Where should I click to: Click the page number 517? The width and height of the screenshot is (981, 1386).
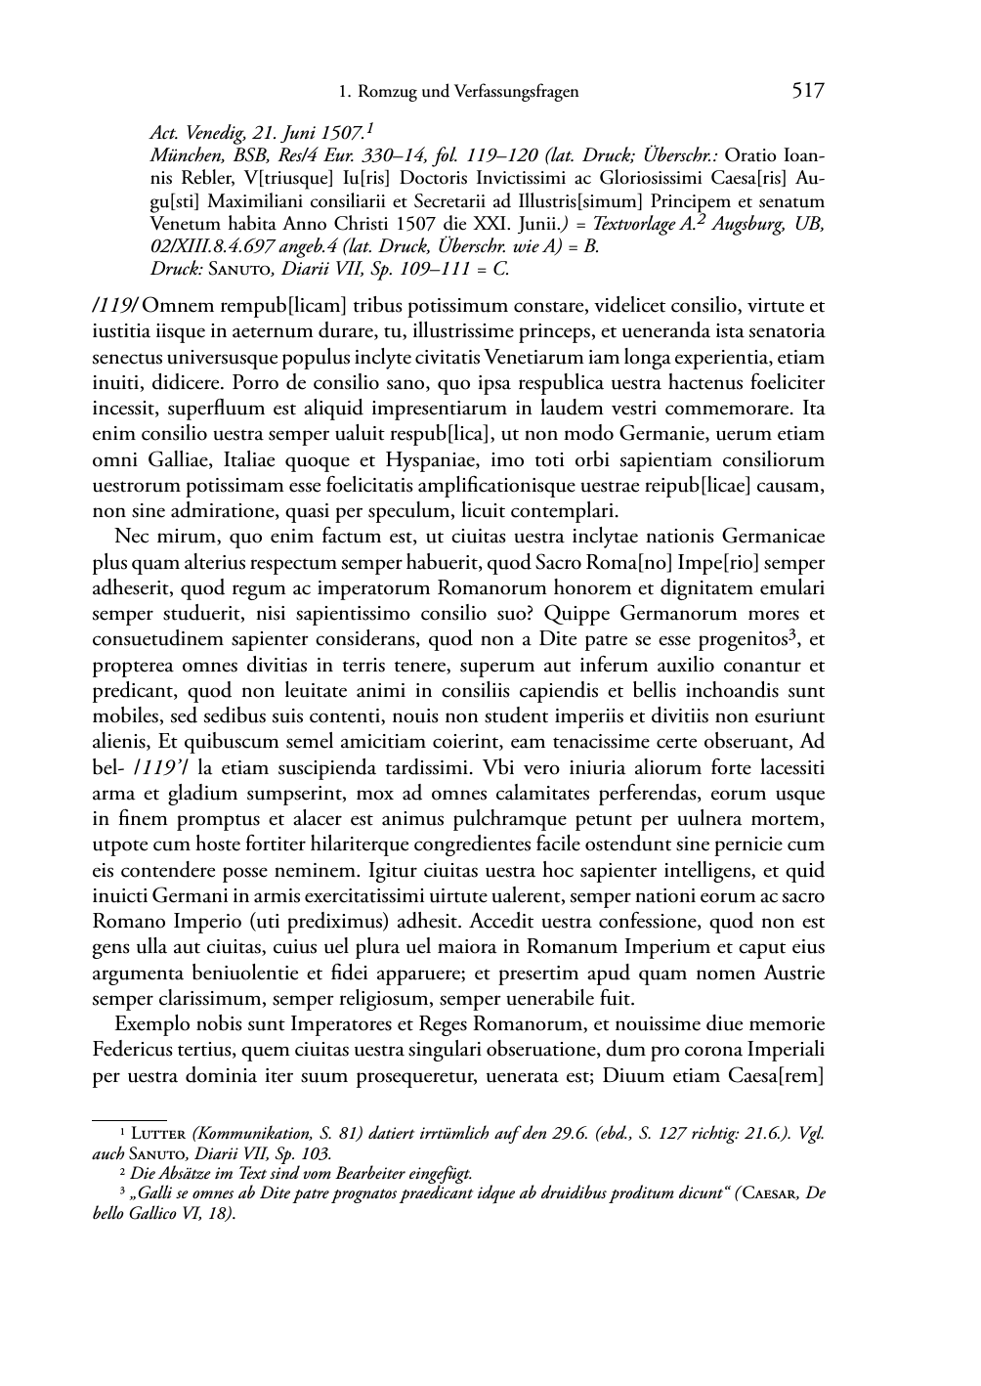(807, 91)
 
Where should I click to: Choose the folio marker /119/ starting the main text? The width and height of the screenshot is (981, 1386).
(114, 306)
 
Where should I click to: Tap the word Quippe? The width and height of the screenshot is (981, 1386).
(576, 614)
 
